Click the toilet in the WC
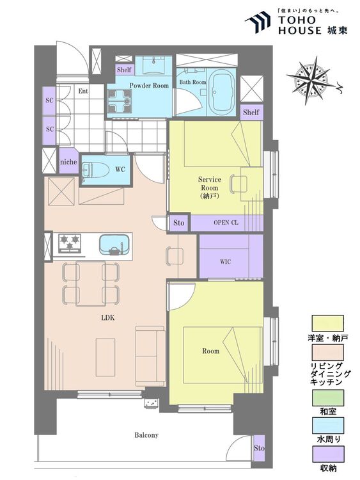pos(95,170)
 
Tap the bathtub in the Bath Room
pos(223,91)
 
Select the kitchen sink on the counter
pos(114,244)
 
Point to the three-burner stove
pos(70,243)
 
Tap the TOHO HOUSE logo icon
pos(258,22)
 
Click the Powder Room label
pos(149,85)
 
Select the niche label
pos(68,161)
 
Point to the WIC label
pos(226,262)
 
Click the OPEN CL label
pos(226,223)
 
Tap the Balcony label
pos(146,435)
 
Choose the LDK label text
pos(107,317)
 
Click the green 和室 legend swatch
pos(327,397)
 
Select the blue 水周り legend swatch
pos(327,426)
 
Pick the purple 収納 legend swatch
pos(327,454)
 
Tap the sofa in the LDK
pos(150,356)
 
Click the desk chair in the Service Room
pos(238,184)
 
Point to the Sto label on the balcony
pos(259,448)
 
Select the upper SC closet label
pos(49,100)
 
